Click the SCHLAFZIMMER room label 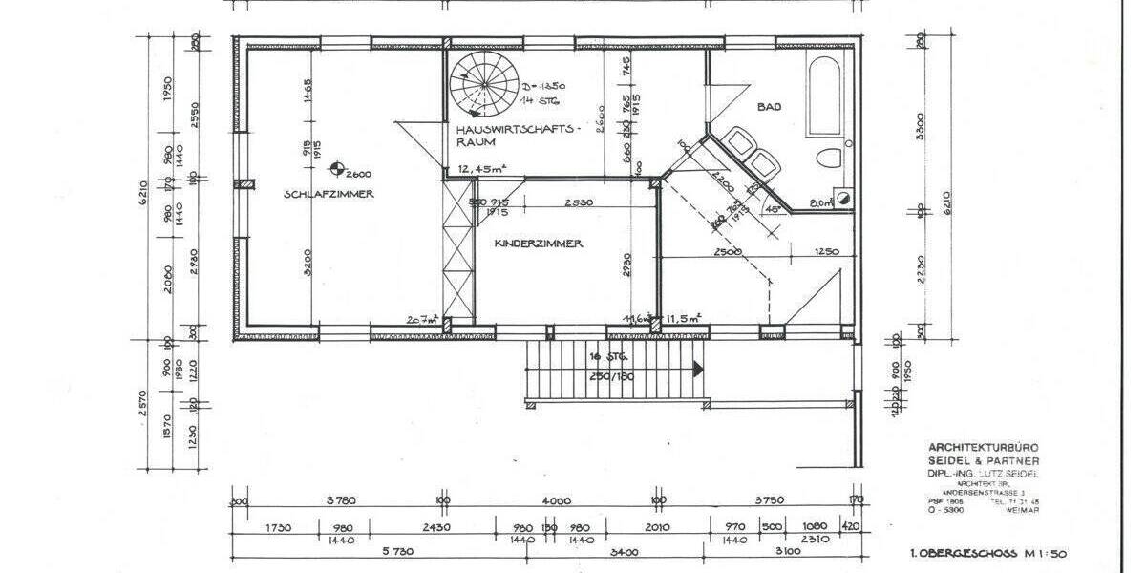[x=328, y=194]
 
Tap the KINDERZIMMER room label [x=539, y=244]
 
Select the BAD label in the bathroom [x=769, y=108]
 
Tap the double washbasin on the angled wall [x=750, y=153]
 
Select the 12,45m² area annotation [x=482, y=169]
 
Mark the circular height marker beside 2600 [x=336, y=171]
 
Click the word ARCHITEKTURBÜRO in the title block [x=984, y=447]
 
